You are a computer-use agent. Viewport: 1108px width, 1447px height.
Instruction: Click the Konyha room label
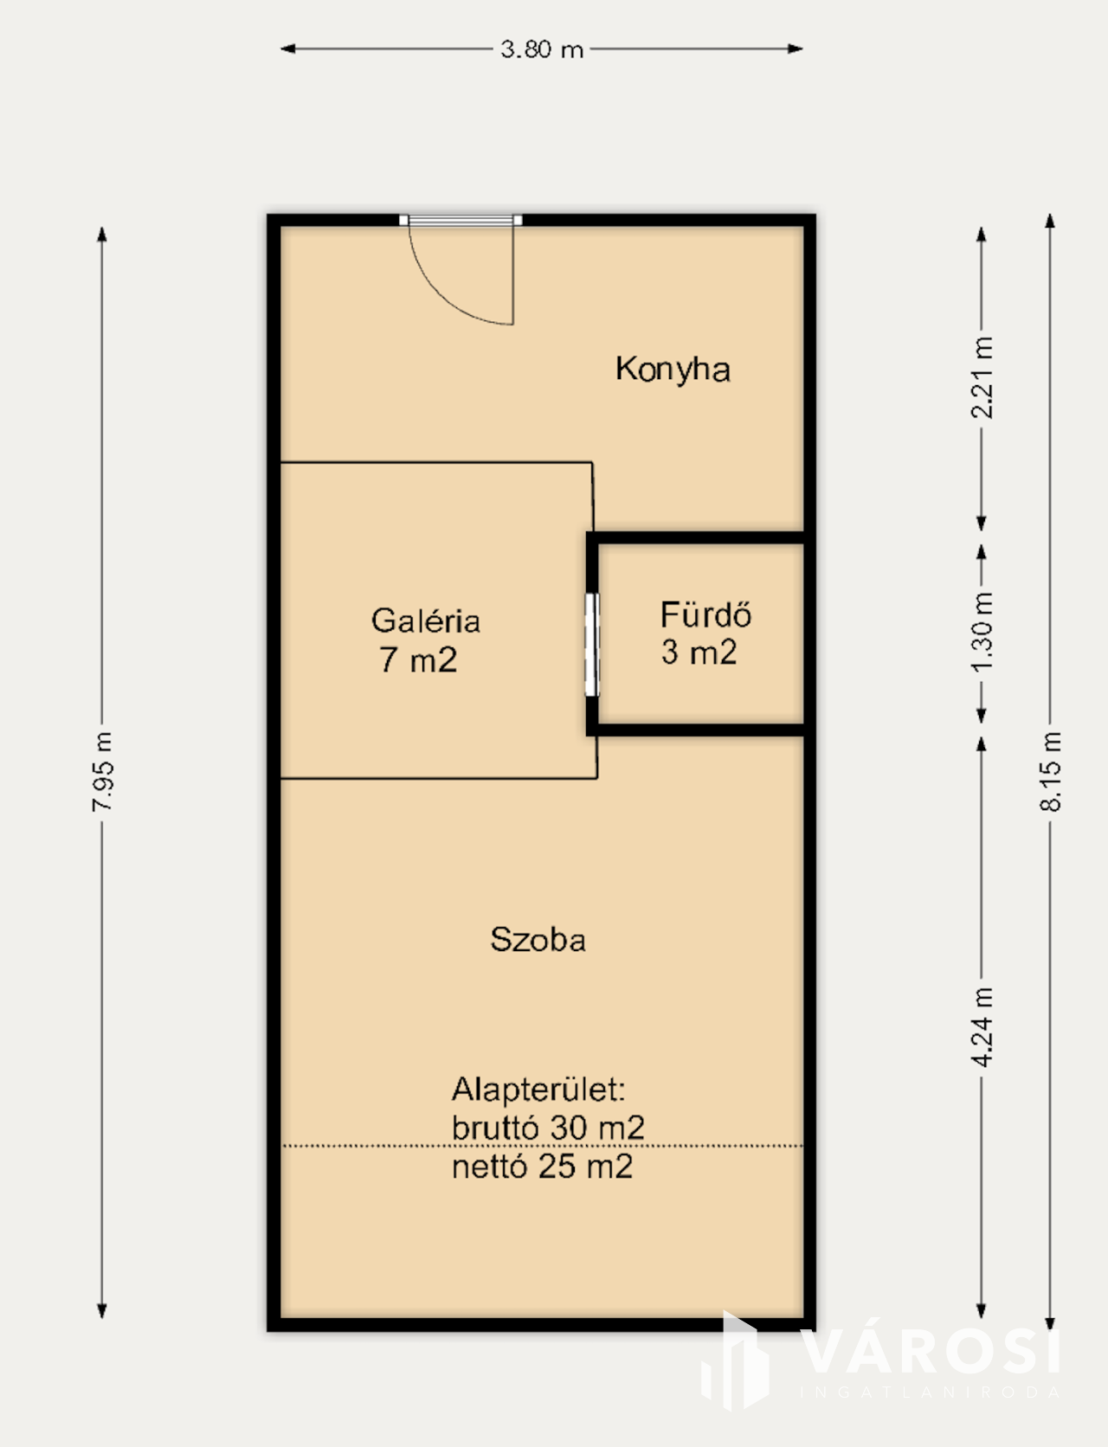673,370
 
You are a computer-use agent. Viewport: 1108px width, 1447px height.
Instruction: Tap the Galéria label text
425,621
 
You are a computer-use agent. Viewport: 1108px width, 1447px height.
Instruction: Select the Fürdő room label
705,614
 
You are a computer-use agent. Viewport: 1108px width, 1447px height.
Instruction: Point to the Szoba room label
538,939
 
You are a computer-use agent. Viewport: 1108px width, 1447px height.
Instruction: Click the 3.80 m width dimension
542,49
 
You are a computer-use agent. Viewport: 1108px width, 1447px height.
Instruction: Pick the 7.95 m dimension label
102,771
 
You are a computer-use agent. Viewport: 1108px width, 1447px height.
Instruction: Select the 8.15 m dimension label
1050,771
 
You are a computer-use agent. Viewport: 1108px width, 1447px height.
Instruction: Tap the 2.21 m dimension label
982,377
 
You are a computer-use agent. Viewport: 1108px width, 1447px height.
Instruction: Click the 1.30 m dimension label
982,633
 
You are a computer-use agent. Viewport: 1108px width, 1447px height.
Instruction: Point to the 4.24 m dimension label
982,1026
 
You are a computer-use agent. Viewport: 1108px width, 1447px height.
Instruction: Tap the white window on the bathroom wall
592,645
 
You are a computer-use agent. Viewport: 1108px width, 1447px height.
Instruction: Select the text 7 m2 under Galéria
417,660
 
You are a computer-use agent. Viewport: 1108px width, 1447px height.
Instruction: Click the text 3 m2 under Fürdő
699,652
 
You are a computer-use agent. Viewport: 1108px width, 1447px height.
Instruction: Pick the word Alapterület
538,1089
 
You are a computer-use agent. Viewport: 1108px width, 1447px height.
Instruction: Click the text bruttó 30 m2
548,1128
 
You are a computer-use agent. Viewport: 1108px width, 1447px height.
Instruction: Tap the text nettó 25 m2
542,1167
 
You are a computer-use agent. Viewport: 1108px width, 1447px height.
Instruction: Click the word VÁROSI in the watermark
931,1353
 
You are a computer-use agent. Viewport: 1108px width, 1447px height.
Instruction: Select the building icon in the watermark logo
736,1361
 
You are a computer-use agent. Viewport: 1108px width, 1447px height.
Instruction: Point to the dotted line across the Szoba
542,1146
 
